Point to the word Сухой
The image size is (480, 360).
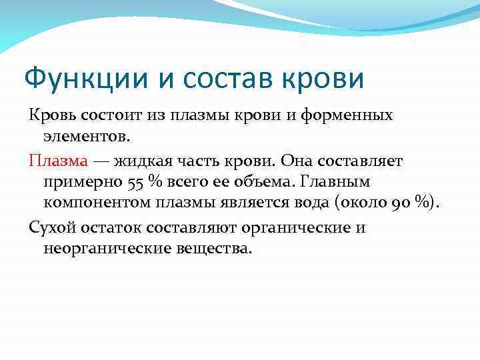(50, 227)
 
